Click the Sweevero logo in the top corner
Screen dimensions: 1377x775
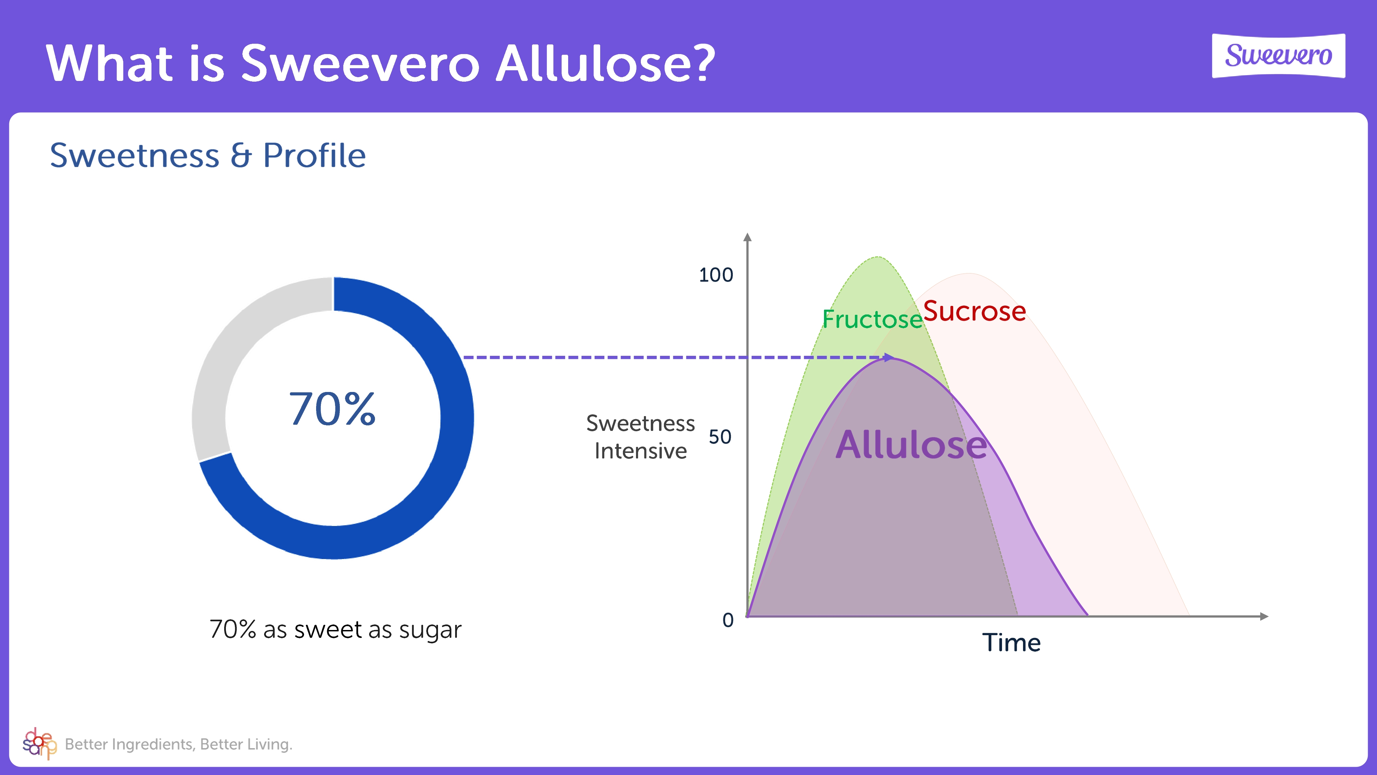tap(1278, 55)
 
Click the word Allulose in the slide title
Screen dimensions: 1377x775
tap(605, 64)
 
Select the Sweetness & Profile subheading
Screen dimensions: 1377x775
tap(208, 156)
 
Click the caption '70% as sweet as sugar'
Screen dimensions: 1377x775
tap(335, 630)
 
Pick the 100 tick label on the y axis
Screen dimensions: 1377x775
tap(716, 275)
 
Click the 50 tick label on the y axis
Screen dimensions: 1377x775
tap(720, 437)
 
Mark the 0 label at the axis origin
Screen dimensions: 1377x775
tap(728, 620)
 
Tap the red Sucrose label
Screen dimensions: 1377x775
tap(974, 311)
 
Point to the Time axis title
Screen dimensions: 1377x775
tap(1011, 642)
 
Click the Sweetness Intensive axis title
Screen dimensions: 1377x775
tap(640, 437)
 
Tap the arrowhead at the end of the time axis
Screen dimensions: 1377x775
tap(1264, 617)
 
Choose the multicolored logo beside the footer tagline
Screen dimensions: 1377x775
tap(39, 743)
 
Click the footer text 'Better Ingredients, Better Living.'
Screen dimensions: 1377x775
tap(179, 744)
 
